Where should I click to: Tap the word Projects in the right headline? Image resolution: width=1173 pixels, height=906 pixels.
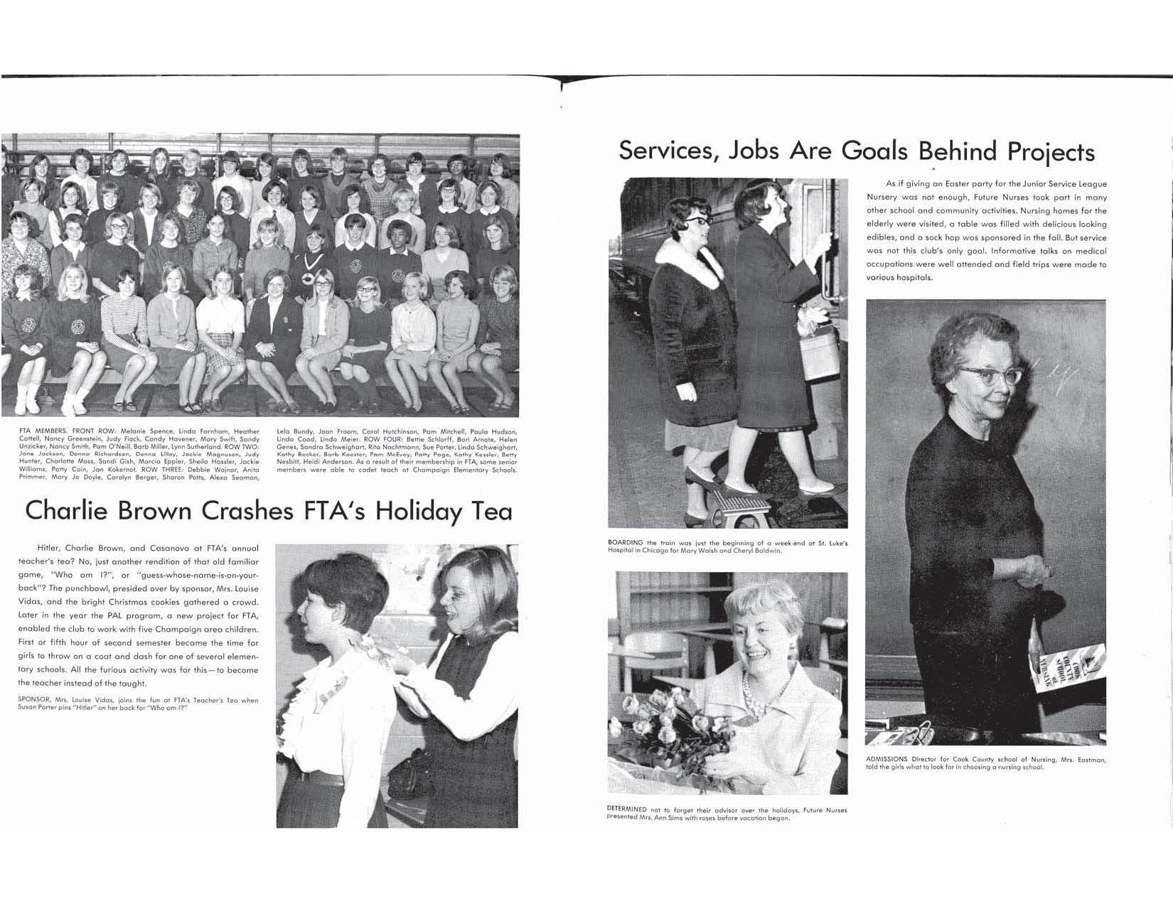(1050, 152)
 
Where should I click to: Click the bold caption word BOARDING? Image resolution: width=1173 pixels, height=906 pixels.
(626, 543)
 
